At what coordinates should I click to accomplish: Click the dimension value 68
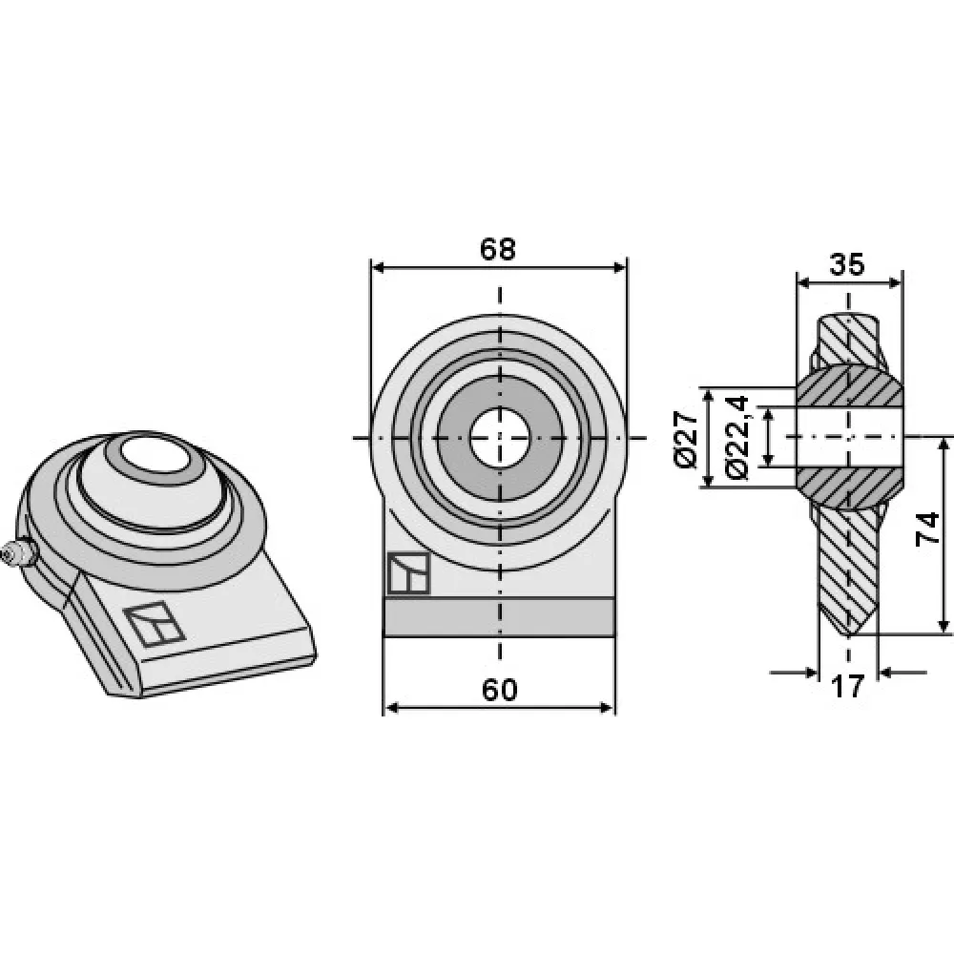pos(497,249)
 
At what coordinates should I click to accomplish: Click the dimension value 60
pos(499,690)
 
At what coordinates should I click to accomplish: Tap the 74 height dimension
pos(928,529)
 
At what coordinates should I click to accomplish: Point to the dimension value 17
pos(847,687)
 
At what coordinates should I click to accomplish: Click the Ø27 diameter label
pos(686,438)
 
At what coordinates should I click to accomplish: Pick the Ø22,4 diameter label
pos(736,438)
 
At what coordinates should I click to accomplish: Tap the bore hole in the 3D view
pos(155,454)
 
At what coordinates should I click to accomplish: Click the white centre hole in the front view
pos(500,438)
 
